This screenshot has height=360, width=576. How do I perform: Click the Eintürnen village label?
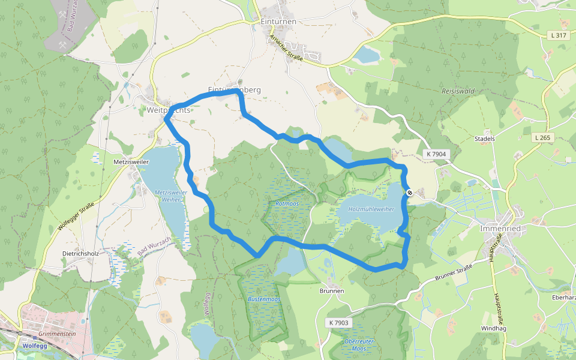coord(278,21)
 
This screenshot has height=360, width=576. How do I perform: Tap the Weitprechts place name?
coord(169,110)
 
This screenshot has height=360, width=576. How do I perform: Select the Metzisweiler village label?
coord(127,163)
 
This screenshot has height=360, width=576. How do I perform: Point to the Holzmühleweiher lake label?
coord(371,209)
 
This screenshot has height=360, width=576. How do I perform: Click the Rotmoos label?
coord(287,204)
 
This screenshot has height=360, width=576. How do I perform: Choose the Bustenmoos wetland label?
coord(264,299)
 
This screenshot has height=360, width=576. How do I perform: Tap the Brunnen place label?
coord(332,291)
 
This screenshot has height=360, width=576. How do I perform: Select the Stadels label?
coord(484,139)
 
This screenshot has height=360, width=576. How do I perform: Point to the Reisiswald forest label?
coord(458,91)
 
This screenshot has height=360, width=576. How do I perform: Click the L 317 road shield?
coord(558,36)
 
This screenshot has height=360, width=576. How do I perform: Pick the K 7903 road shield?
coord(338,323)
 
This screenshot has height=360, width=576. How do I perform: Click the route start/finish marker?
coord(409,193)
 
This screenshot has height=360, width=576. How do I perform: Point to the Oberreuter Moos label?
coord(359,344)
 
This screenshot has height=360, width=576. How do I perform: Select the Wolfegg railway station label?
coord(34,346)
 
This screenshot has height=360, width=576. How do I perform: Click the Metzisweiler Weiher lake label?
coord(171,196)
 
